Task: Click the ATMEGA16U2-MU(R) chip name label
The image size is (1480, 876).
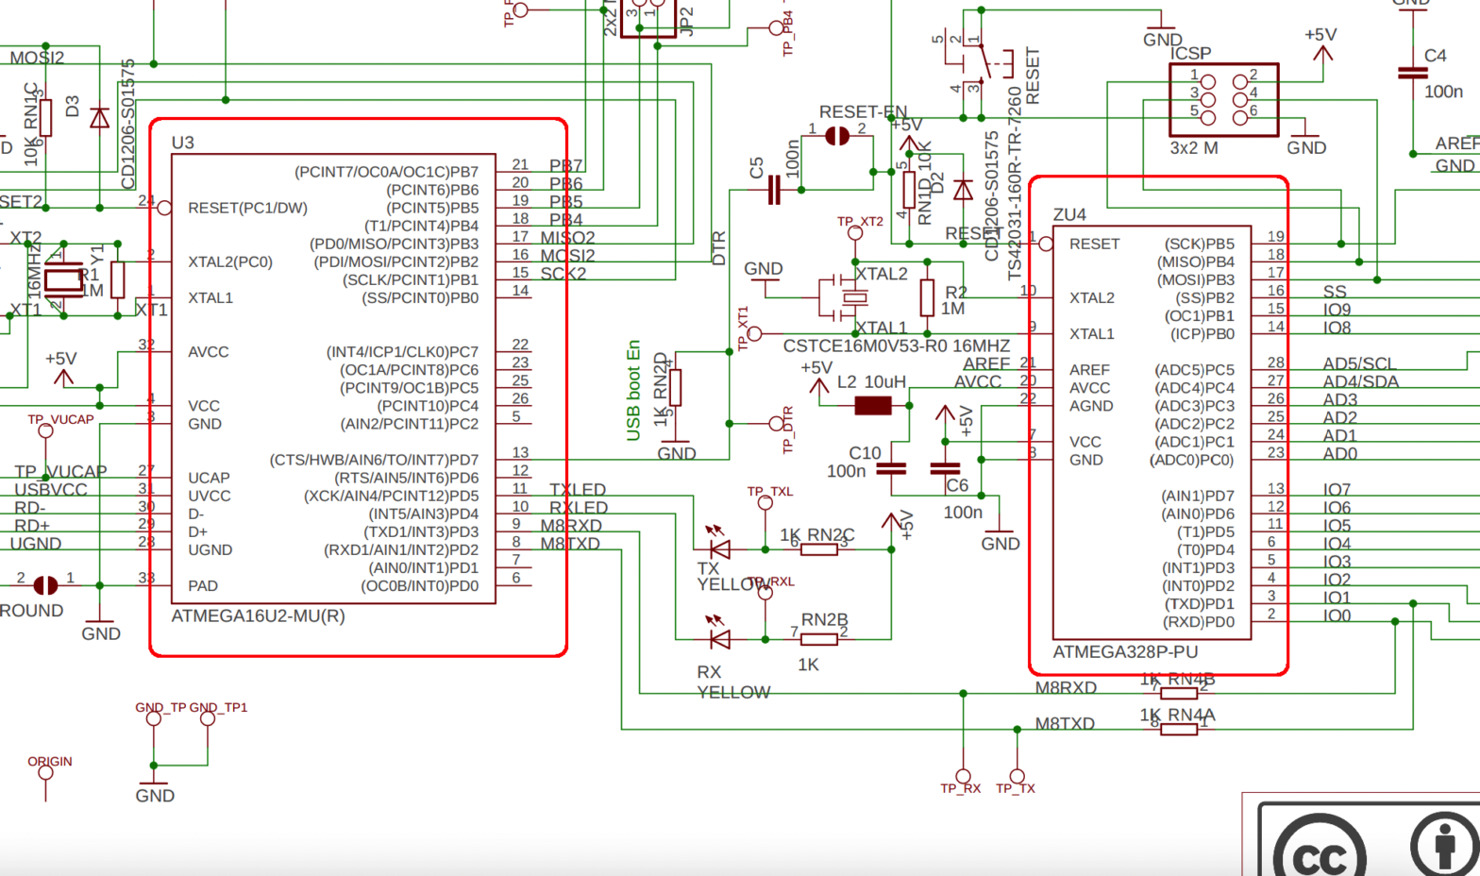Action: pos(258,616)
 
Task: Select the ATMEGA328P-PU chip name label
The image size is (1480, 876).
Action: pos(1124,652)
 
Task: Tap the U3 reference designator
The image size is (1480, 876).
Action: pos(182,143)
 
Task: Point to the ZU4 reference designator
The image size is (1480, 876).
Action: pos(1069,215)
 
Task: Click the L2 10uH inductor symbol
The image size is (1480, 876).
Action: pos(872,406)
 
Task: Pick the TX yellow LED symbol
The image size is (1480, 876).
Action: pos(719,548)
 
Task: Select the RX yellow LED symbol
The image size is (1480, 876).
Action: pos(719,639)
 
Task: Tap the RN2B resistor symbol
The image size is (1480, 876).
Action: pos(818,639)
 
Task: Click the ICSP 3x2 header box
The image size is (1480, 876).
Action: pos(1223,100)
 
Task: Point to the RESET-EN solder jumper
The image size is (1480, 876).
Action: pos(836,136)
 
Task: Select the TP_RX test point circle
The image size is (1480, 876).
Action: pos(963,777)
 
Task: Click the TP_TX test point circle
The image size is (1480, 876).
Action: pos(1017,777)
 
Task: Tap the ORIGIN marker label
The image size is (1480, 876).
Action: pos(49,761)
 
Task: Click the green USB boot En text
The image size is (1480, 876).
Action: pos(633,390)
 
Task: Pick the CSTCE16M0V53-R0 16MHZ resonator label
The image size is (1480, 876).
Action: pos(896,346)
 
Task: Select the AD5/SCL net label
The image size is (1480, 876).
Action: pos(1359,363)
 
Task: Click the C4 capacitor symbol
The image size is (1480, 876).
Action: pos(1412,73)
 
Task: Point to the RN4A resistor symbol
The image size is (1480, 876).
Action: pos(1178,729)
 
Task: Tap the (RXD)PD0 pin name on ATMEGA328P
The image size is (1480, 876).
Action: pos(1200,622)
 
